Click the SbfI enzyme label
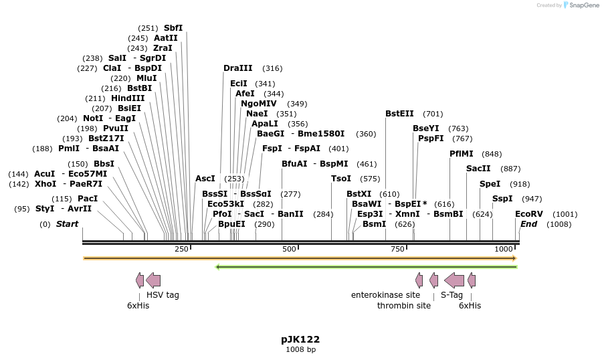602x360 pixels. coord(173,28)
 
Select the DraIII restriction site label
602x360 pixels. coord(238,68)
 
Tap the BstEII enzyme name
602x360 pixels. coord(399,114)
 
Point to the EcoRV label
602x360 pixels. coord(529,214)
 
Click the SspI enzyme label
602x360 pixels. coord(502,199)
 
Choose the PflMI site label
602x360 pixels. coord(462,154)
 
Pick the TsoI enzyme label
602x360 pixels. coord(341,179)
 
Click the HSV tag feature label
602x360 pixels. coord(163,294)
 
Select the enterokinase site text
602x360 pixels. coord(385,294)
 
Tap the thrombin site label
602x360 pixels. coord(404,306)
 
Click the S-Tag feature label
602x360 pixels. coord(451,294)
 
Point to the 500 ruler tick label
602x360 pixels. coord(289,249)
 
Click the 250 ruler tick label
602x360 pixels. coord(181,249)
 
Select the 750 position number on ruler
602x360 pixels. coord(397,249)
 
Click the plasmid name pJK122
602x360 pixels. coord(300,339)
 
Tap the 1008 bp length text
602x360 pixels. coord(300,349)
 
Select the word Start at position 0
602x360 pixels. coord(67,224)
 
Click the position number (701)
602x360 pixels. coord(433,114)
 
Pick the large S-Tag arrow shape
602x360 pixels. coord(454,280)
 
